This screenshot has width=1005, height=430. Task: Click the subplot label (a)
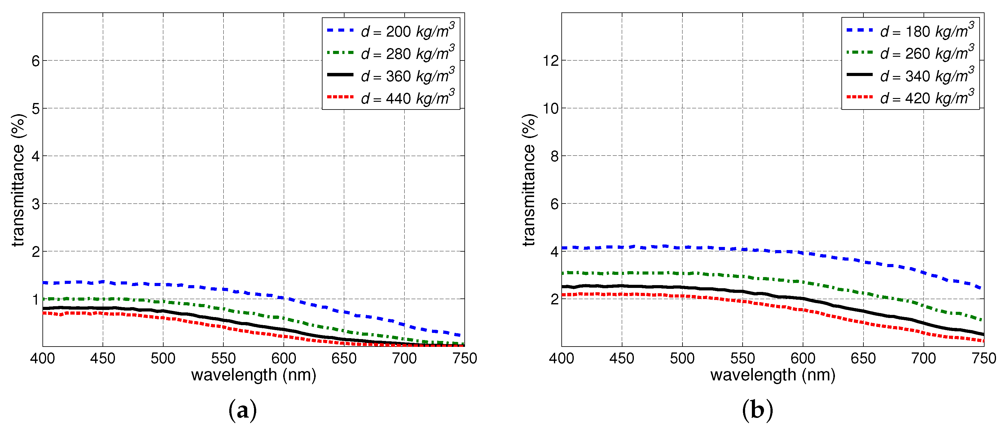242,410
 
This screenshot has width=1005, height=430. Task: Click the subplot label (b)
757,410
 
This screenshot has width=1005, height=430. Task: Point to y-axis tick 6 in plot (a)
36,61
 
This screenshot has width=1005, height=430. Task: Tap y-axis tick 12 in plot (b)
551,61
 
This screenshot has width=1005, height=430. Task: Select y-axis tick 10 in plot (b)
551,109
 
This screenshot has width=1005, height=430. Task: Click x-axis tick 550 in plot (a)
223,358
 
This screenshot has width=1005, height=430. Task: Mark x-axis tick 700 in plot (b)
923,358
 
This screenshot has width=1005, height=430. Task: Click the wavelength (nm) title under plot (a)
254,375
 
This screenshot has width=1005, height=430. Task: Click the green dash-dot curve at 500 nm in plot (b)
682,273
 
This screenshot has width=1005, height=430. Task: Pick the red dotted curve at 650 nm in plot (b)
863,323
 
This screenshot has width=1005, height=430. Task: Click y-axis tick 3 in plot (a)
36,204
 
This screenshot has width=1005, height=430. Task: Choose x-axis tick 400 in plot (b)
561,358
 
